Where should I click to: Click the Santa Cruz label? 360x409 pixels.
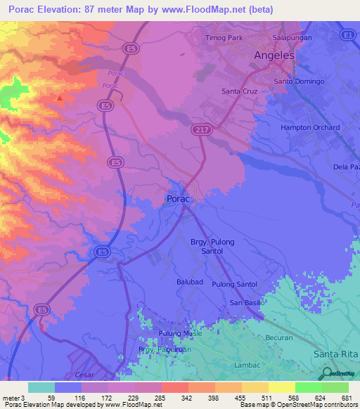[x=240, y=91]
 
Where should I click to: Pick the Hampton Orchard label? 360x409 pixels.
[x=310, y=128]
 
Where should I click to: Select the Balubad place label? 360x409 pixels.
[x=190, y=281]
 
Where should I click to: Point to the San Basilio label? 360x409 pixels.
[x=247, y=302]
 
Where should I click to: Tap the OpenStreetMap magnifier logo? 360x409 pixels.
[x=326, y=372]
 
